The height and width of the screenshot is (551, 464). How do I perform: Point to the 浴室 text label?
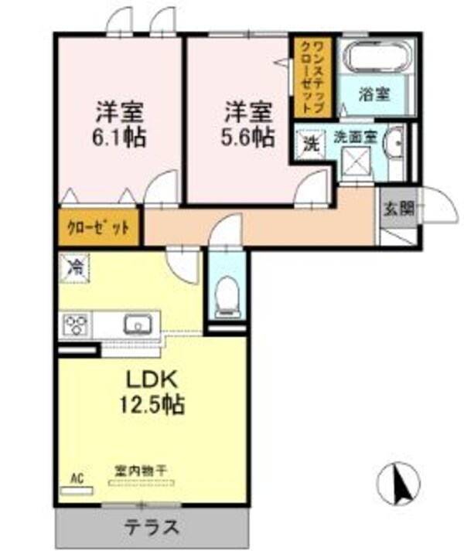pyautogui.click(x=375, y=95)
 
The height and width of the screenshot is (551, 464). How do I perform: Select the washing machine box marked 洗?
pyautogui.click(x=309, y=144)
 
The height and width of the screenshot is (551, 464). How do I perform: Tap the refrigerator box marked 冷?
pyautogui.click(x=76, y=268)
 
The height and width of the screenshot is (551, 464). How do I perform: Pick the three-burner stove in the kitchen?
pyautogui.click(x=77, y=325)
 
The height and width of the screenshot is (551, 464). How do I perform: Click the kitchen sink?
pyautogui.click(x=137, y=325)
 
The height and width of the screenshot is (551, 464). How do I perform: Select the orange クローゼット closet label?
pyautogui.click(x=97, y=228)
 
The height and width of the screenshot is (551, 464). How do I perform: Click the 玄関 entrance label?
pyautogui.click(x=397, y=207)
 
